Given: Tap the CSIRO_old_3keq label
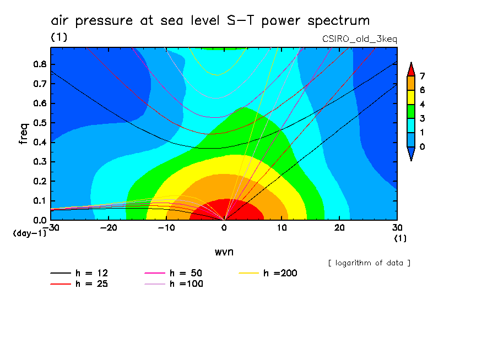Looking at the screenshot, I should coord(359,39).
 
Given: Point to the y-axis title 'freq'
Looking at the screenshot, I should coord(23,133).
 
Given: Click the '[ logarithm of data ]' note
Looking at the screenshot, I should coord(369,263).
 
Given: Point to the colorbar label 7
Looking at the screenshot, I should coord(423,75).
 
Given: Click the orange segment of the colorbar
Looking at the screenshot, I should coord(410,83).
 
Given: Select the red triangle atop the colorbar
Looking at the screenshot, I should coord(410,68).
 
